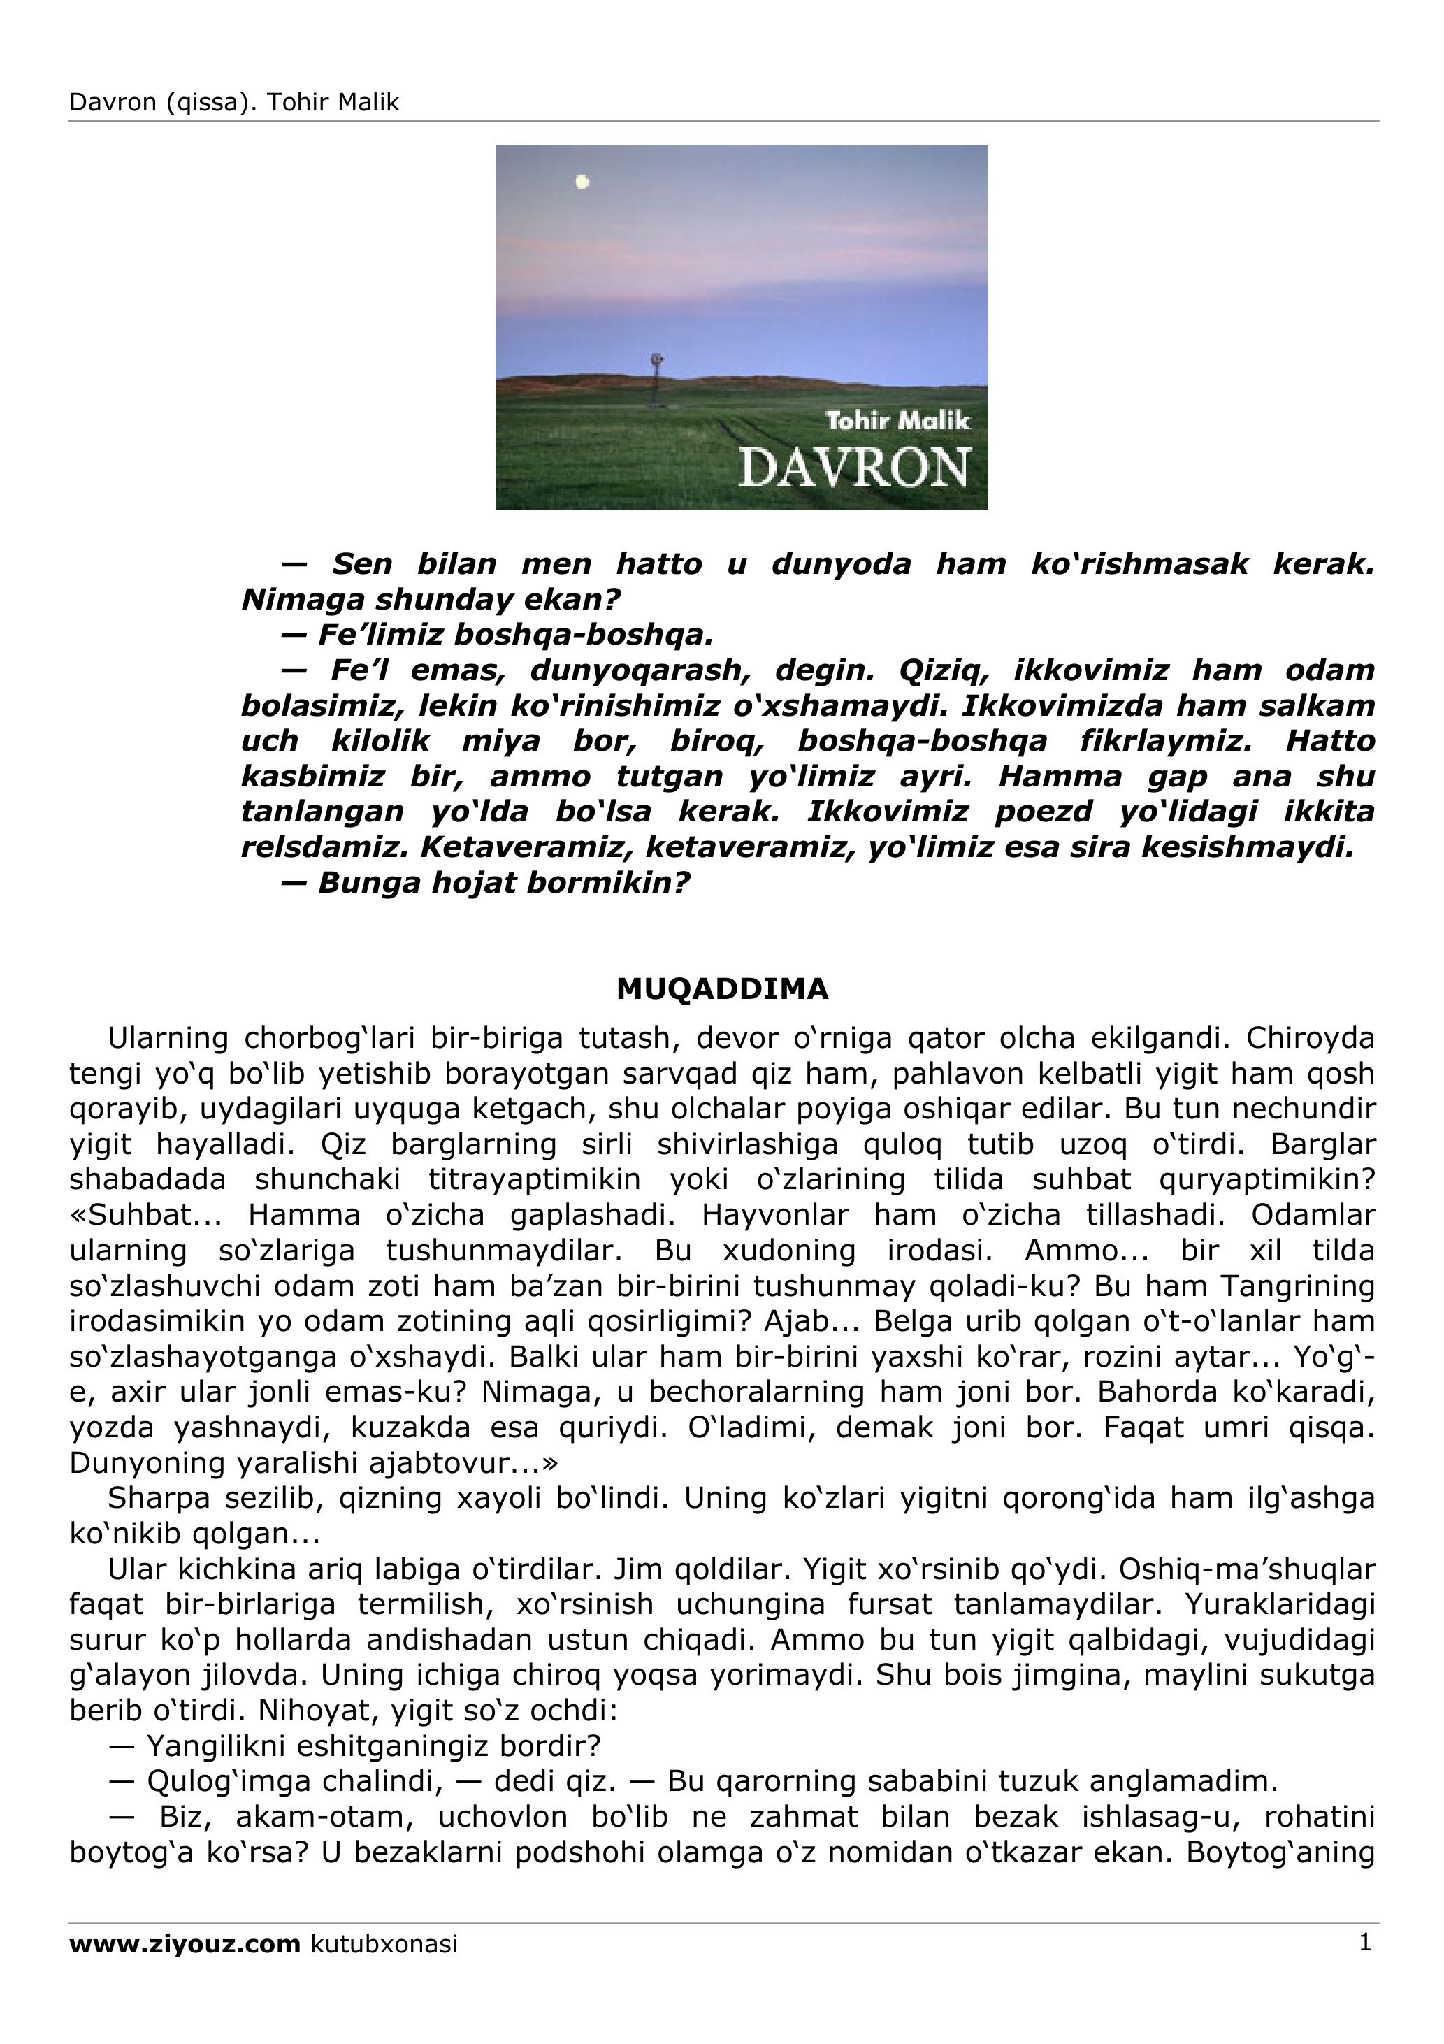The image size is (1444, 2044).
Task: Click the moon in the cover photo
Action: (x=582, y=182)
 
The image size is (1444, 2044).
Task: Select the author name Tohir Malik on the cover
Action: (x=897, y=421)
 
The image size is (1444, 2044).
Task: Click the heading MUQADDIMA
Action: (x=722, y=989)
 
